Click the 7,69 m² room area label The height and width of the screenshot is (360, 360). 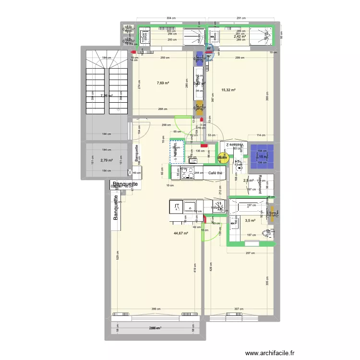pos(163,83)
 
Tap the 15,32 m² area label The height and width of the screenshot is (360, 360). pos(228,89)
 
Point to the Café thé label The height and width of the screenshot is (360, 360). pos(216,173)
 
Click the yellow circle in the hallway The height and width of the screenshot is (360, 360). pos(222,157)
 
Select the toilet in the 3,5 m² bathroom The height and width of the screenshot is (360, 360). pos(268,234)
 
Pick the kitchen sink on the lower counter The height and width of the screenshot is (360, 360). pos(177,207)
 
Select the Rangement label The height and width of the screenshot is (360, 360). pos(260,184)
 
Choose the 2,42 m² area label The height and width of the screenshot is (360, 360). pos(240,36)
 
